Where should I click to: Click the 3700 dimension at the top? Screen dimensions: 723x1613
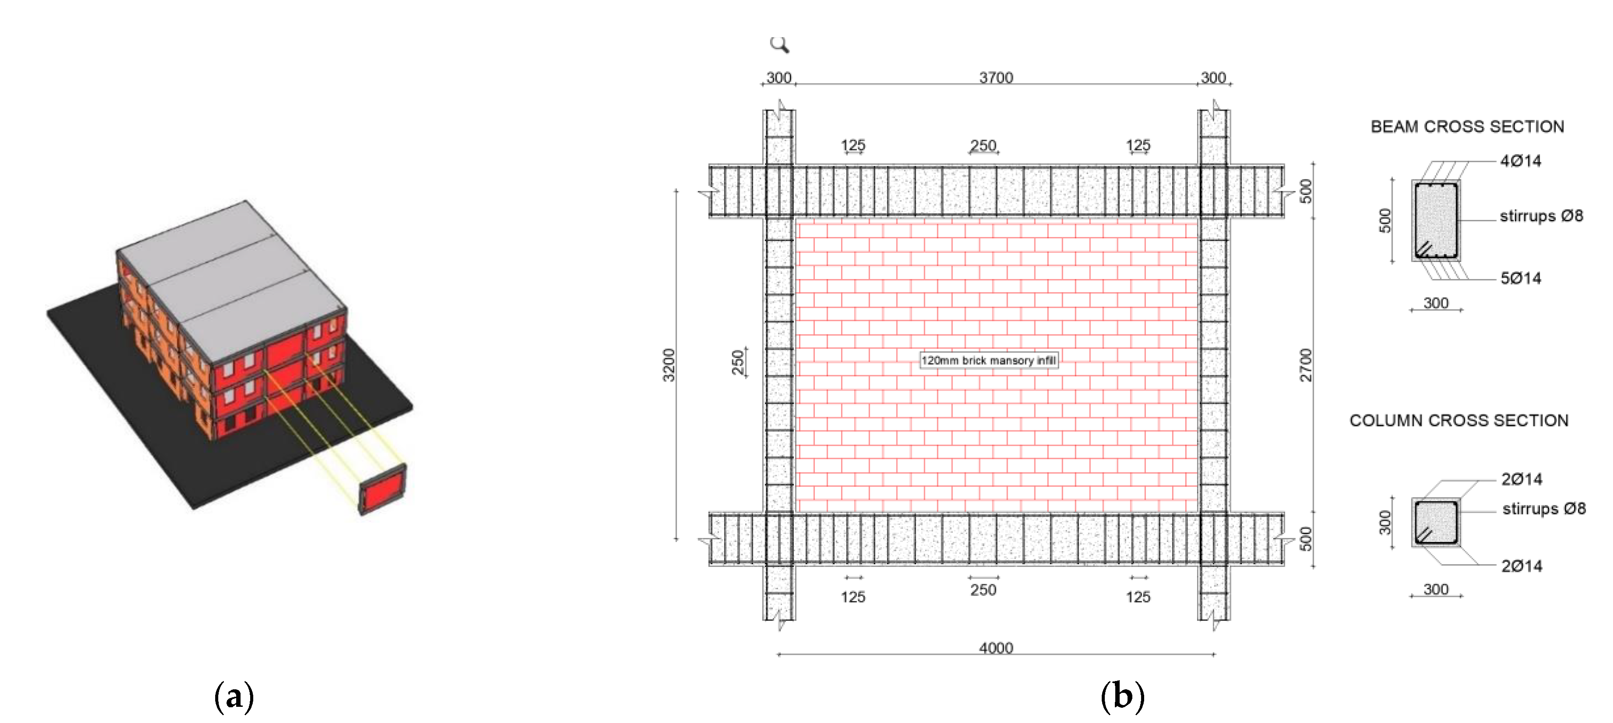point(995,77)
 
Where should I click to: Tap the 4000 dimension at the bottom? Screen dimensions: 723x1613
point(995,647)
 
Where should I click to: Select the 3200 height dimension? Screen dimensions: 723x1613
point(669,365)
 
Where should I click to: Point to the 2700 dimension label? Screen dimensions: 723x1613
point(1306,365)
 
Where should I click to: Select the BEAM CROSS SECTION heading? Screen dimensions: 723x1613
point(1467,126)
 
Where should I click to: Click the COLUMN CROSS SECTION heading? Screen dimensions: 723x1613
point(1459,421)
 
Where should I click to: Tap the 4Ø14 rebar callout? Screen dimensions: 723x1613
point(1520,161)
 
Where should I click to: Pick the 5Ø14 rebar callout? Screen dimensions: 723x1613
point(1520,278)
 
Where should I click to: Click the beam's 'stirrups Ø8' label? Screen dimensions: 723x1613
point(1541,216)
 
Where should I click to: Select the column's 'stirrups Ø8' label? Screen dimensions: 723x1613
point(1543,508)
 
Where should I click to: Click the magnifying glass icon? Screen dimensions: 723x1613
point(779,45)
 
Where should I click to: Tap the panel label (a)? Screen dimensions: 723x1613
point(234,696)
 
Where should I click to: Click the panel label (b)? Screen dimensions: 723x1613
point(1122,696)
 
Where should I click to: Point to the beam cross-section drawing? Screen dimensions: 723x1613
point(1436,220)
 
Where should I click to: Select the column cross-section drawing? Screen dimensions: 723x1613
point(1436,523)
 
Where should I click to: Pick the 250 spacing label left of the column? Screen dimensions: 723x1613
point(738,362)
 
